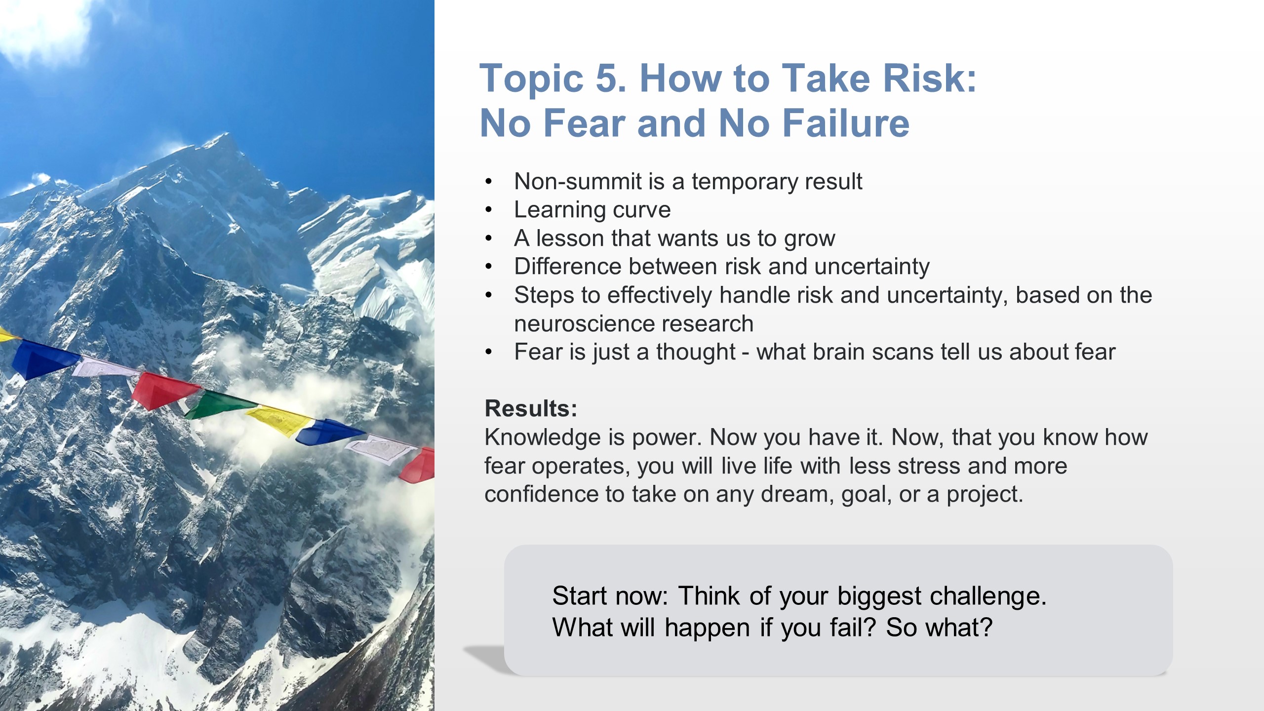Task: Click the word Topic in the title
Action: [x=531, y=79]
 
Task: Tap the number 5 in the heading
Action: [x=611, y=78]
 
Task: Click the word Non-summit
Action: [x=581, y=181]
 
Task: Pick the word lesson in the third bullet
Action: [x=570, y=238]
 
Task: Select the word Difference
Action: [x=567, y=266]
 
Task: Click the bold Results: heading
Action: [x=531, y=409]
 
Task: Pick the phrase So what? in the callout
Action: [x=939, y=628]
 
